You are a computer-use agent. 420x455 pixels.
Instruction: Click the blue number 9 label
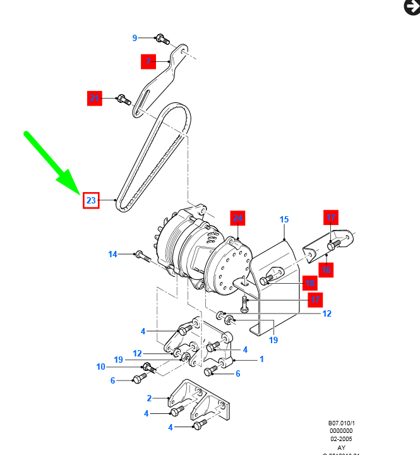point(135,38)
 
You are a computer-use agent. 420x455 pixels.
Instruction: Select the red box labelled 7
point(148,61)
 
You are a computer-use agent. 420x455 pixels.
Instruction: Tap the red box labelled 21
point(95,98)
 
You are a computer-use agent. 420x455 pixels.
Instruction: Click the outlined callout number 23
point(91,201)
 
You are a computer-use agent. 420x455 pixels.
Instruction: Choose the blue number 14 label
point(112,255)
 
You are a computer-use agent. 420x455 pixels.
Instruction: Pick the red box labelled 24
point(237,218)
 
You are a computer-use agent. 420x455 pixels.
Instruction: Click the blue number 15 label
point(284,219)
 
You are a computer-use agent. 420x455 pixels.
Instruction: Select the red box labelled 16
point(326,270)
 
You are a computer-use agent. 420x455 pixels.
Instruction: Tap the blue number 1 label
point(261,360)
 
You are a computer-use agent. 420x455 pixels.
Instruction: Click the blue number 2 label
point(149,398)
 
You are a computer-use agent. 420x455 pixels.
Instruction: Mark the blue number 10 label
point(101,367)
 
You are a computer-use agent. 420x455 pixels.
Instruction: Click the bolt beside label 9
point(162,39)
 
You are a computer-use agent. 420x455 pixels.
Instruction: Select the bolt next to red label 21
point(123,99)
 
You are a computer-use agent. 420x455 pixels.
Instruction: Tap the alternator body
point(202,253)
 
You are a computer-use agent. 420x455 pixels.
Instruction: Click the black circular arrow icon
point(411,7)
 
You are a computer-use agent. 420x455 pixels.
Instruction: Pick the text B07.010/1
point(340,423)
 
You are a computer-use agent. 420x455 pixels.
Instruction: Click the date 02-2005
point(340,439)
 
